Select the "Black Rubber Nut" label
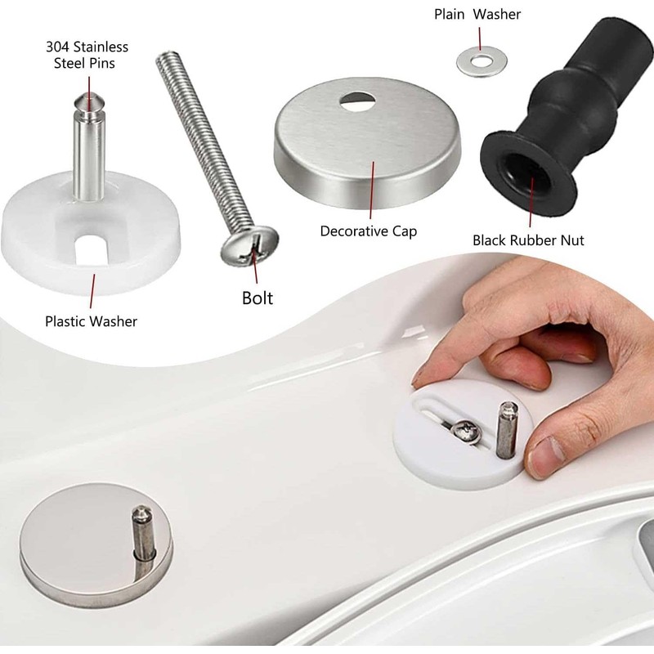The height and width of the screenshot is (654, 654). tap(528, 240)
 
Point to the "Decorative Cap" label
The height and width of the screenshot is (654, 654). tap(368, 231)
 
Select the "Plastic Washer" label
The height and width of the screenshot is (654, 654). tap(91, 320)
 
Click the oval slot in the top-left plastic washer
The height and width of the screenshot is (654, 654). tap(92, 246)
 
